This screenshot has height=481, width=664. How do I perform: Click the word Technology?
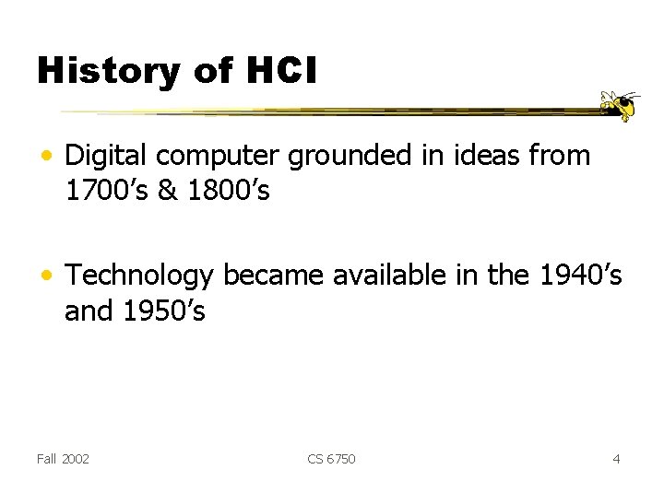(x=140, y=276)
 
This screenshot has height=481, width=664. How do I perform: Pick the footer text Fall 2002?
(x=64, y=458)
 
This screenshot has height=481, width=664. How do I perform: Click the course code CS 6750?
(x=331, y=458)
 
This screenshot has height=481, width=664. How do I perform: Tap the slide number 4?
(x=616, y=458)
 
